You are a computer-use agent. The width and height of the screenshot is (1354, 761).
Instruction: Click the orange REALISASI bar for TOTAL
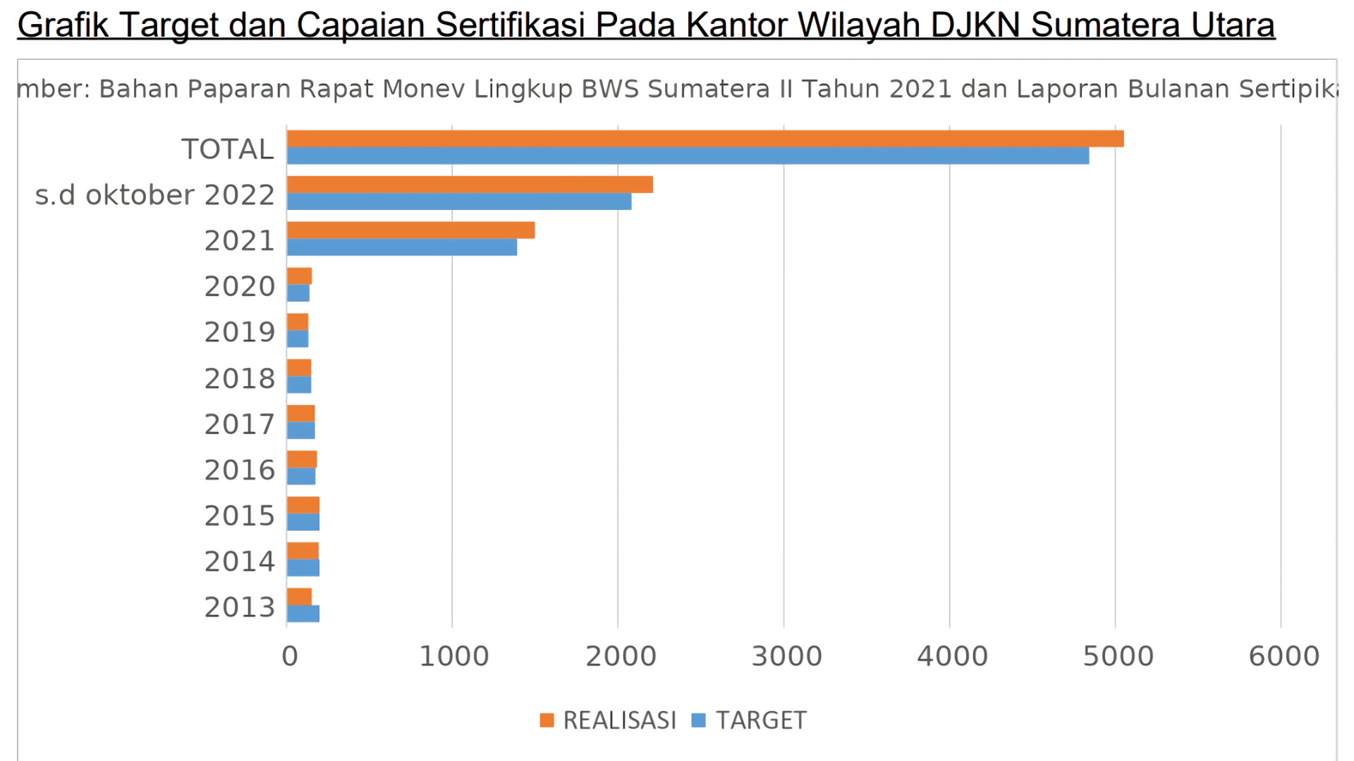(x=705, y=139)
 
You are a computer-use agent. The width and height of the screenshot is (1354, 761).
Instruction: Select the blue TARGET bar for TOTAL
(x=688, y=156)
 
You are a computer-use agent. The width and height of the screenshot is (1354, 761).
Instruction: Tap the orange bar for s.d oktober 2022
(x=470, y=185)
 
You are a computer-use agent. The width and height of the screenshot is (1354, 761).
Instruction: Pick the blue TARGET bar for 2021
(x=402, y=247)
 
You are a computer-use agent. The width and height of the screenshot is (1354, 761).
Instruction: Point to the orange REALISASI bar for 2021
(x=410, y=230)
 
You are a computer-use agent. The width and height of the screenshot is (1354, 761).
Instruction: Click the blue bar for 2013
(x=303, y=614)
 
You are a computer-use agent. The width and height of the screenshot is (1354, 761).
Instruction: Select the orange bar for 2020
(x=300, y=276)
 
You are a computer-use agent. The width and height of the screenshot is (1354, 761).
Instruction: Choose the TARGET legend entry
(x=749, y=720)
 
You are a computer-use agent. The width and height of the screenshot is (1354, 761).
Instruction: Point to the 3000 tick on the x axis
(x=786, y=657)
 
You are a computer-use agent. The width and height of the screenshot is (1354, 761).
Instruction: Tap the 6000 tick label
(x=1283, y=657)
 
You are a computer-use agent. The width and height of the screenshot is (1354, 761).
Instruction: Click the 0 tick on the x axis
(x=289, y=657)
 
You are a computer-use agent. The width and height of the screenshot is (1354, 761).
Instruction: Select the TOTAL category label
(x=227, y=149)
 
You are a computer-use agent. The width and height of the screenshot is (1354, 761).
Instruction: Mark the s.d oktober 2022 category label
(x=154, y=195)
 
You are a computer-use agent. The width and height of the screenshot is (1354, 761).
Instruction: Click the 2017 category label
(x=239, y=425)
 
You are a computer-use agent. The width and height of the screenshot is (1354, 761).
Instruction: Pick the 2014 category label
(x=239, y=562)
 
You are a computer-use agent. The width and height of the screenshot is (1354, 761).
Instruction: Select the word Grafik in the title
(x=63, y=25)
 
